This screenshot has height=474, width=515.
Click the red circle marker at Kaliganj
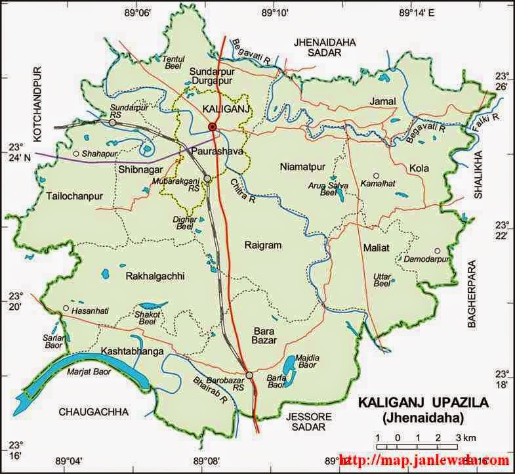click(212, 127)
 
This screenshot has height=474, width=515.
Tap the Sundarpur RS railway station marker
click(113, 122)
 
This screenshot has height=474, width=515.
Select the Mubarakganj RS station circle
click(207, 178)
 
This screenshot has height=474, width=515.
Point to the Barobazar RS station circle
click(249, 375)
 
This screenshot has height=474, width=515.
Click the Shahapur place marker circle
click(76, 154)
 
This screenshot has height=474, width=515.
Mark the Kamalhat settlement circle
click(376, 176)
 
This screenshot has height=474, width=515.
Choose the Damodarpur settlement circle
click(436, 251)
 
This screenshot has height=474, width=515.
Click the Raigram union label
click(262, 245)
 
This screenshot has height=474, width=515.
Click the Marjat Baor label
click(87, 372)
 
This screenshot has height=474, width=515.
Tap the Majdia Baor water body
click(289, 363)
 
